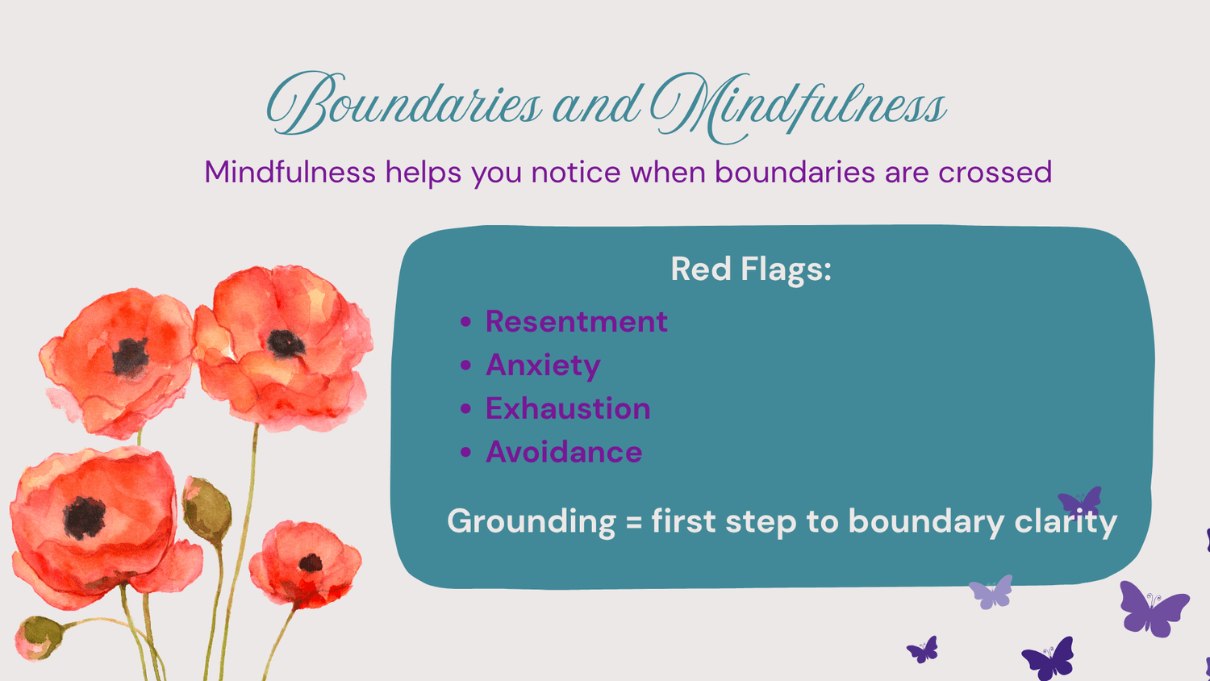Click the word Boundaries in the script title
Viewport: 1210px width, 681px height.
404,102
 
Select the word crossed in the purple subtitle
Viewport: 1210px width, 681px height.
995,173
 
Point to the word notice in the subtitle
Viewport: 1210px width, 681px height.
576,173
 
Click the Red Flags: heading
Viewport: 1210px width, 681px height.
751,269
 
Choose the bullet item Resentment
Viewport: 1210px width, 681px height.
577,321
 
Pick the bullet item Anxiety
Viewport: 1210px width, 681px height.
543,366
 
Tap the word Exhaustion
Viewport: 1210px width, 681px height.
568,408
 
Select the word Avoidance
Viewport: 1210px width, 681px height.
564,452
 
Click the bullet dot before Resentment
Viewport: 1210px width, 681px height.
465,322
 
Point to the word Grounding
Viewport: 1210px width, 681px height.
532,521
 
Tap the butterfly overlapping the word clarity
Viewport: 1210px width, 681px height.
1080,500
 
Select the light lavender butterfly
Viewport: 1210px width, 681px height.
991,592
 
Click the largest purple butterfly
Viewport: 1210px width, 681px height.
1154,609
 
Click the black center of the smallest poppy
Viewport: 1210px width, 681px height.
311,564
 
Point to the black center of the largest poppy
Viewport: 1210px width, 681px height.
84,518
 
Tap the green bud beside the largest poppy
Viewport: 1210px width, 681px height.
207,511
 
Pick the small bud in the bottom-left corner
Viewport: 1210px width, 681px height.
38,637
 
